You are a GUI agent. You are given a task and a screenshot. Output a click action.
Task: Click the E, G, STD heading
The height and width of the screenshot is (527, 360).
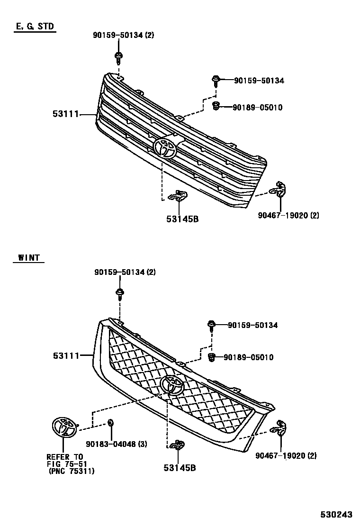click(35, 27)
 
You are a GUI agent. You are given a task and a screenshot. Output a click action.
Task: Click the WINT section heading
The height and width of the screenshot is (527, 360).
click(29, 258)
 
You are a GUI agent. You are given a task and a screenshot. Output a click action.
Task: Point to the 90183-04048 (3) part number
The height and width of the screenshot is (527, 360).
click(117, 444)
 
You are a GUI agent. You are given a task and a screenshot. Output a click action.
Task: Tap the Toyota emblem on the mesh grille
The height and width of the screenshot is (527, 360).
click(172, 385)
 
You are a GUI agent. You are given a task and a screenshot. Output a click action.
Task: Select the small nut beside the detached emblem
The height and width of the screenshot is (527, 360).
click(110, 423)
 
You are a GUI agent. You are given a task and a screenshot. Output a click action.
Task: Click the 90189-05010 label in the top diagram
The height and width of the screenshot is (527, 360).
click(257, 108)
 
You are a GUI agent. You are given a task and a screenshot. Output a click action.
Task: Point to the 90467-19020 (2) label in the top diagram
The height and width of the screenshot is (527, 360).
click(288, 215)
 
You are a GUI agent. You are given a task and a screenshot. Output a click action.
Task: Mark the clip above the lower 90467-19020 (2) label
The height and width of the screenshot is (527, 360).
click(279, 428)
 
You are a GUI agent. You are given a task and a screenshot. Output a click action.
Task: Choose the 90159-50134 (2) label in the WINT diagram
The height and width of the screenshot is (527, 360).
click(125, 273)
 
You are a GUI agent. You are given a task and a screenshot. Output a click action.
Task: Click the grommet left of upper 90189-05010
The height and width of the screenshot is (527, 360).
click(216, 106)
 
